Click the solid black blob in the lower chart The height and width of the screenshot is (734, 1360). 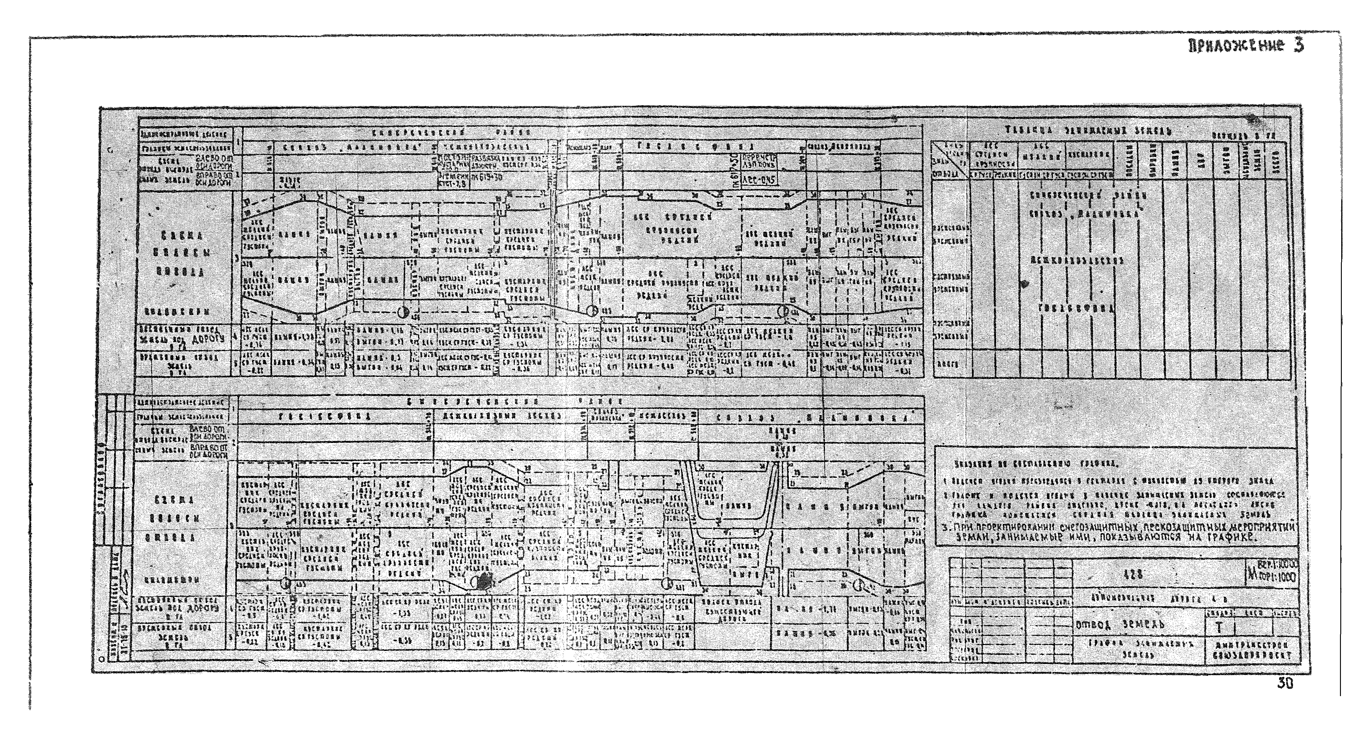[x=484, y=582]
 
